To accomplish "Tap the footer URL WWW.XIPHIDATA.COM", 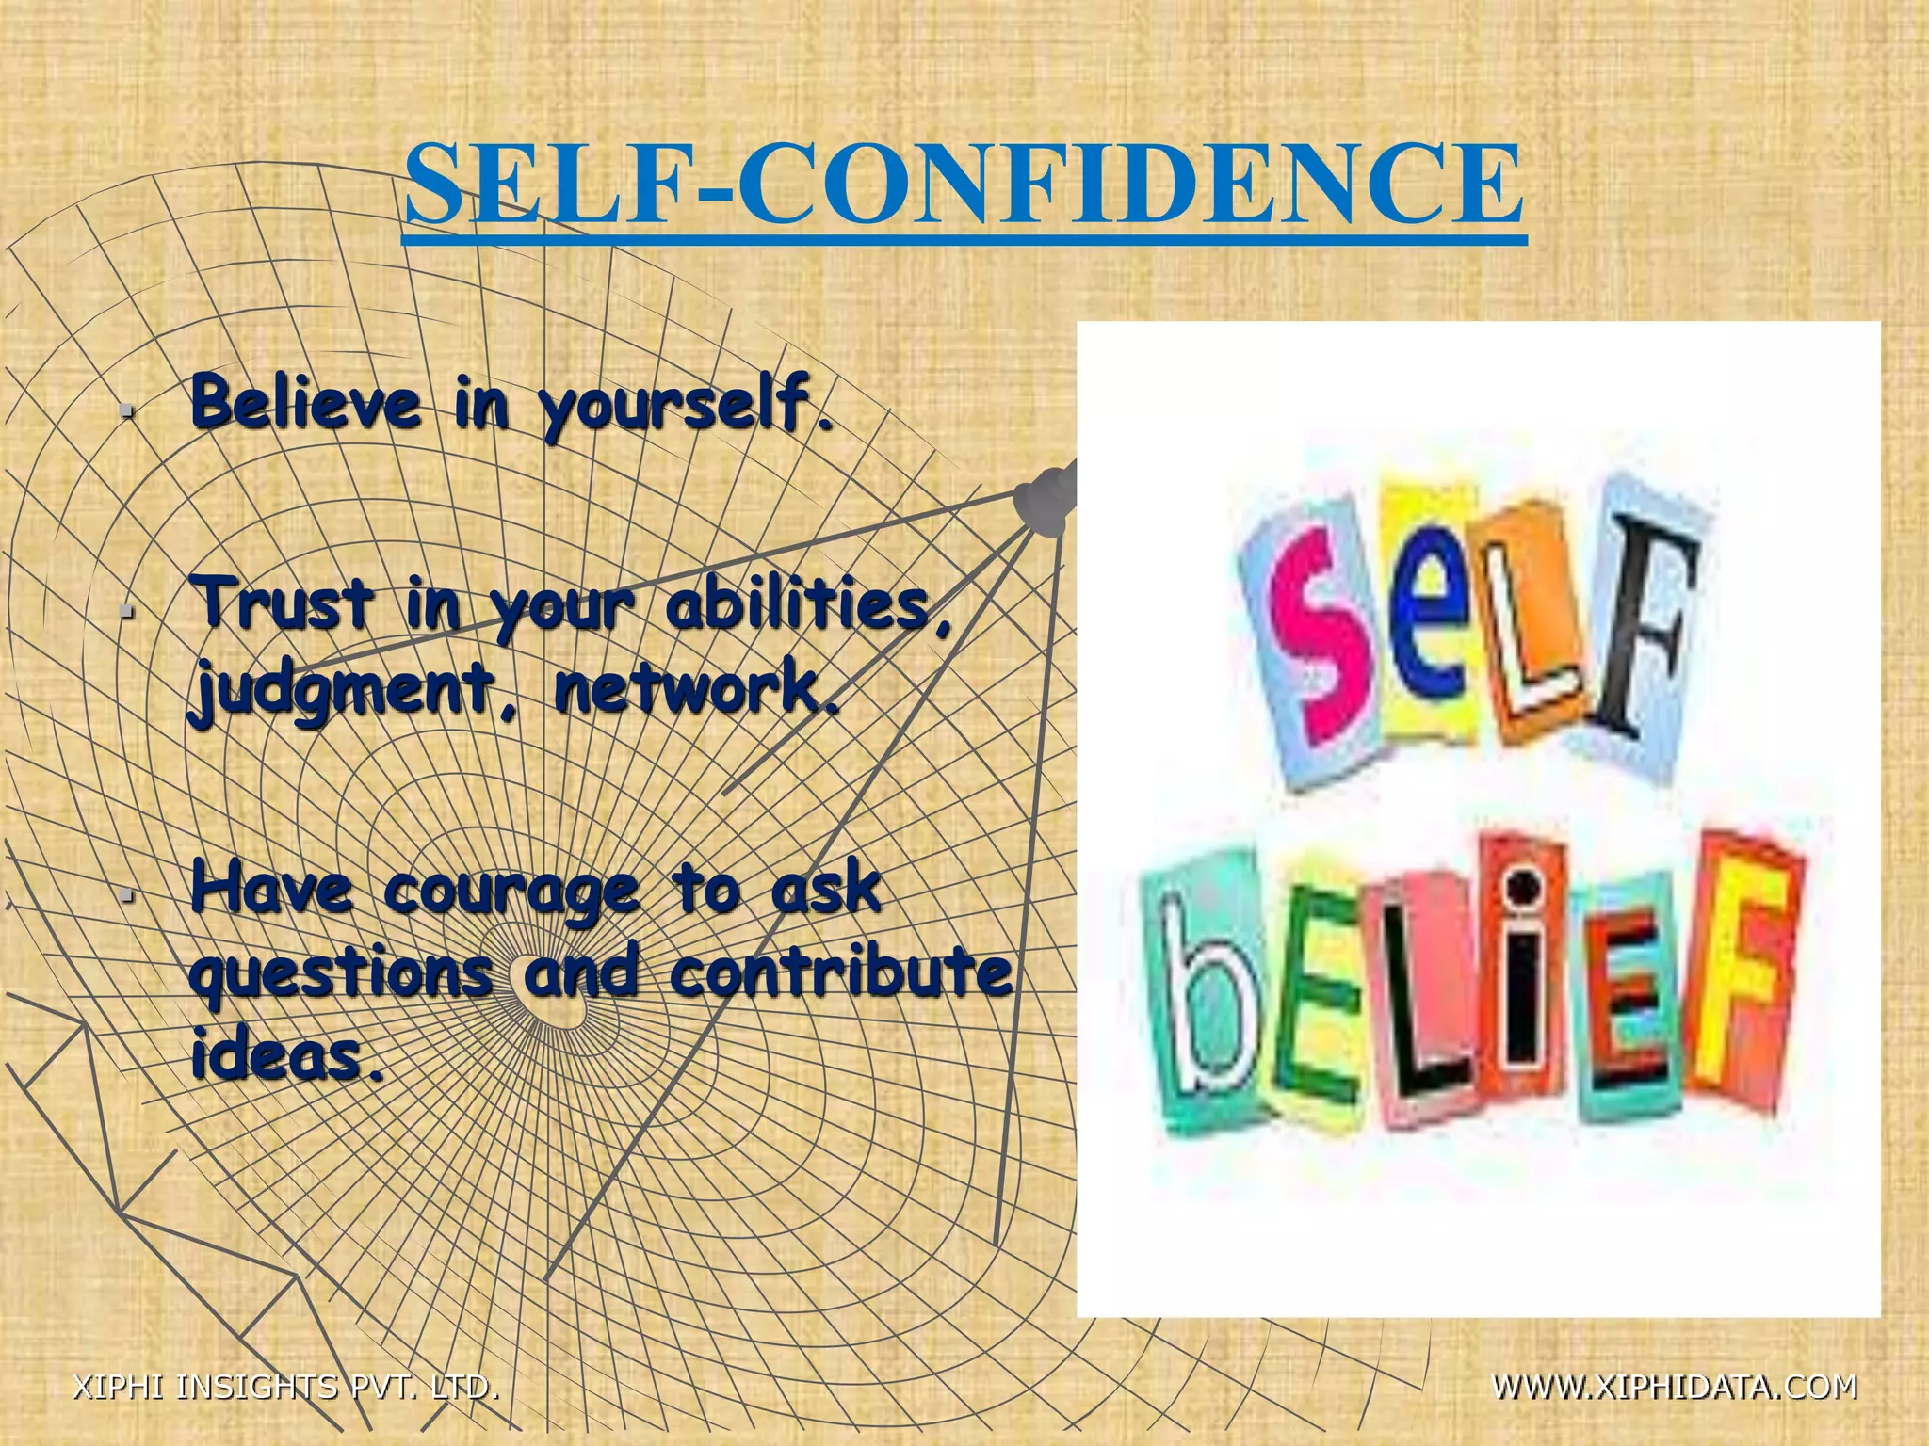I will click(1675, 1386).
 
